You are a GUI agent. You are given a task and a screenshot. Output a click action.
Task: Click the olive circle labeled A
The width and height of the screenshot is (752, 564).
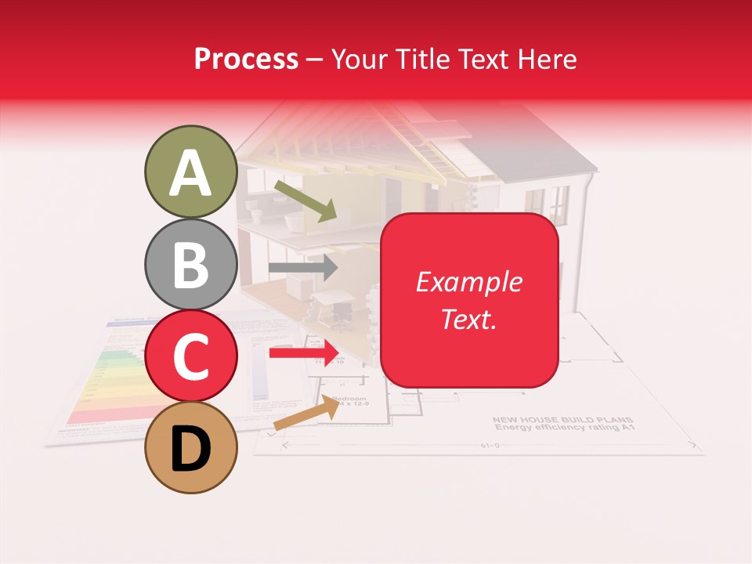pyautogui.click(x=190, y=172)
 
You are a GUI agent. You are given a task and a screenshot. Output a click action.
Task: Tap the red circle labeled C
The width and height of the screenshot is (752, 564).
pyautogui.click(x=190, y=356)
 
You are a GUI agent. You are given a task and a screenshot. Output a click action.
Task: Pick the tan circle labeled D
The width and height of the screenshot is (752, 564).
pyautogui.click(x=190, y=448)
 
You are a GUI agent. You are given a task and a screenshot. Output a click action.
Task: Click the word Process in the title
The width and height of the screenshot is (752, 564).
pyautogui.click(x=246, y=59)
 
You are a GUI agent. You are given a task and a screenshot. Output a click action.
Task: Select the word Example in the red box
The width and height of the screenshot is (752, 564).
pyautogui.click(x=468, y=282)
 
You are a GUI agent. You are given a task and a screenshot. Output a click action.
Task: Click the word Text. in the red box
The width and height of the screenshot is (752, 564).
pyautogui.click(x=468, y=319)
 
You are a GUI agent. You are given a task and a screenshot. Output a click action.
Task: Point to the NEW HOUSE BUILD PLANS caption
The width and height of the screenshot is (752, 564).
pyautogui.click(x=562, y=420)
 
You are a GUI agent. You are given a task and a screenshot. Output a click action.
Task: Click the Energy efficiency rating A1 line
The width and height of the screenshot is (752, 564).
pyautogui.click(x=562, y=428)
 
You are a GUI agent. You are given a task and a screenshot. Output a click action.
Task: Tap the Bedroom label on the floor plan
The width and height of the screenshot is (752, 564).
pyautogui.click(x=349, y=399)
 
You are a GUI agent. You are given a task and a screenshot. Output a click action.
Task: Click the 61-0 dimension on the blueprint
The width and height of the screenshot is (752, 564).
pyautogui.click(x=490, y=446)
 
